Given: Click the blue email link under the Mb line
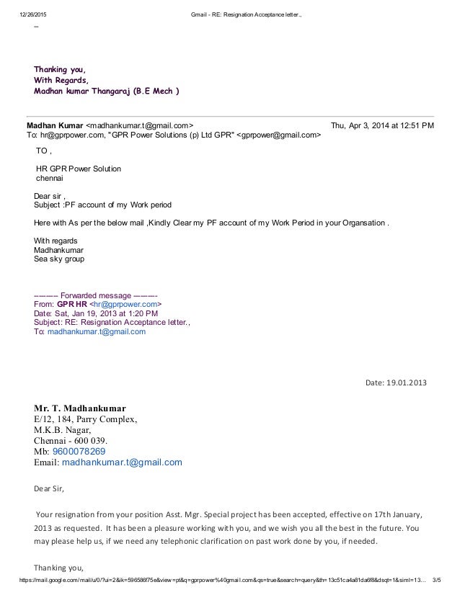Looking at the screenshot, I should [122, 462].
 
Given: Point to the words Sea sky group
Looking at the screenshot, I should [59, 258].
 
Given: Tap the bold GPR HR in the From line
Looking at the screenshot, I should [71, 305].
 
